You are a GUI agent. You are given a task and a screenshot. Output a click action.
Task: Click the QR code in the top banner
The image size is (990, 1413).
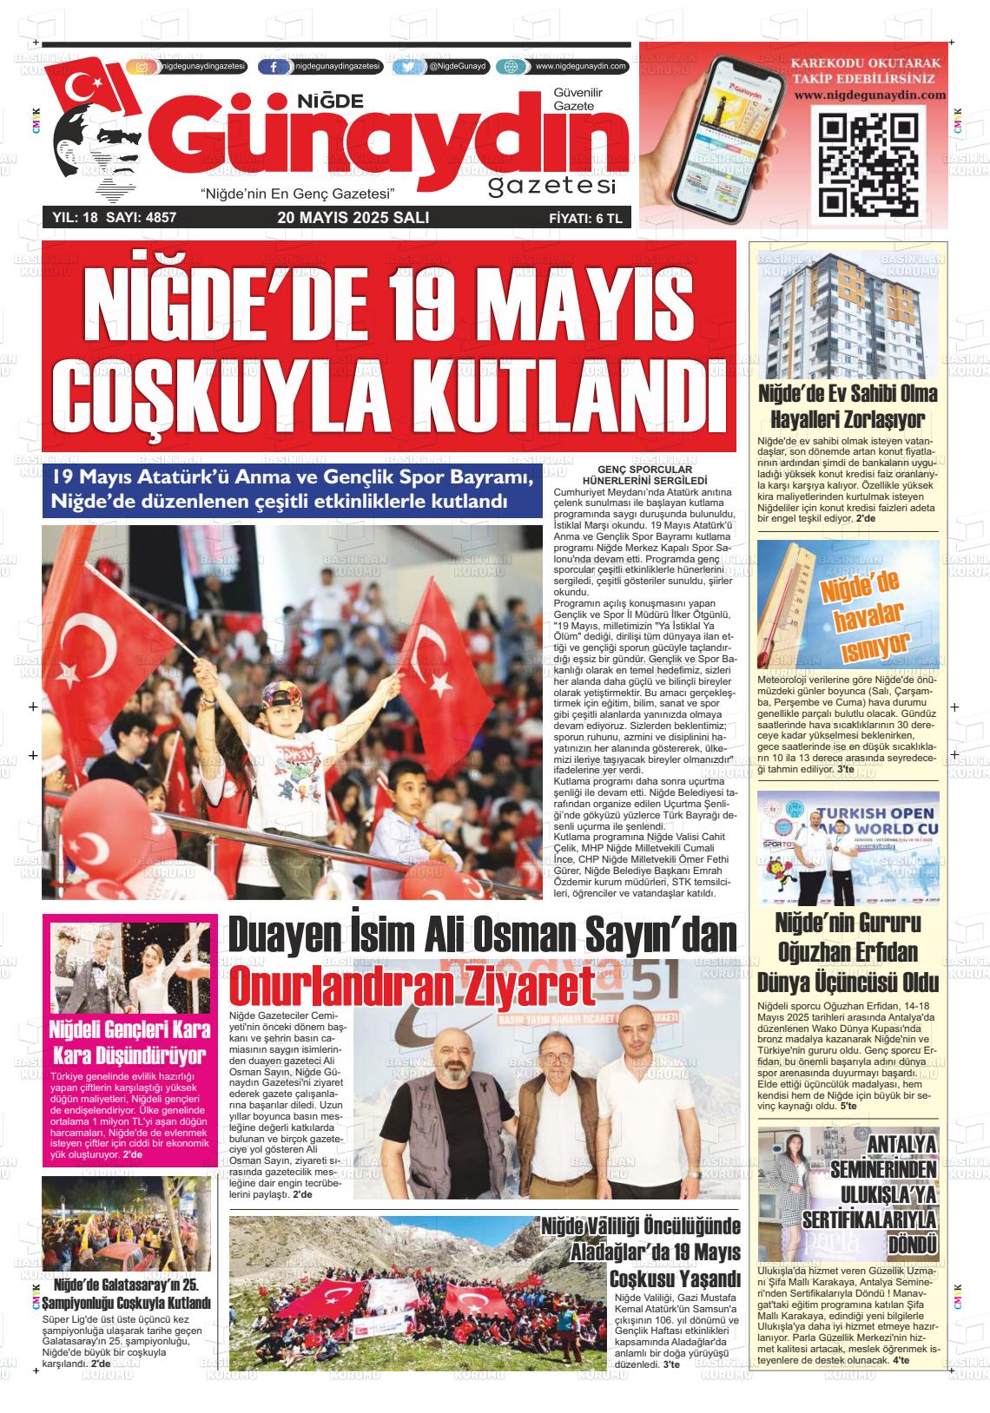tap(869, 165)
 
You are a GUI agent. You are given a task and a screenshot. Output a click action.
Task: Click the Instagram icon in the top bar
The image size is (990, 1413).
tap(143, 67)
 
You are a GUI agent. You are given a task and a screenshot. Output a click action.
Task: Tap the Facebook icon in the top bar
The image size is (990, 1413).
tap(274, 67)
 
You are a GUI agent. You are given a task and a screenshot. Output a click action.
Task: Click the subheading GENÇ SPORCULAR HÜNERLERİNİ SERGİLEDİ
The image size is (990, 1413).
tap(644, 474)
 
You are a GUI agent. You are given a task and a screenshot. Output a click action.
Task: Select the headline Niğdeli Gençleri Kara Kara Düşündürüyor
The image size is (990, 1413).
tap(129, 1043)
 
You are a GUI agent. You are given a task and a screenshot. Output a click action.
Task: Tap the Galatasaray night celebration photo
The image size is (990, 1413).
tap(126, 1223)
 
